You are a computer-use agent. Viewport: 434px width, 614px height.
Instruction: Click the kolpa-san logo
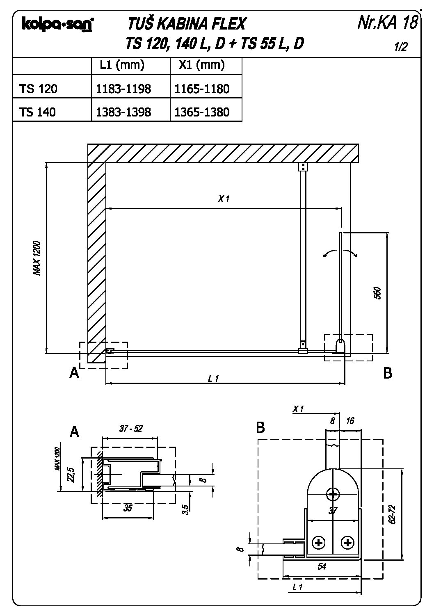tap(58, 24)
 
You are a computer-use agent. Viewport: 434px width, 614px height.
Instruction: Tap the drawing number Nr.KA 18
tap(388, 22)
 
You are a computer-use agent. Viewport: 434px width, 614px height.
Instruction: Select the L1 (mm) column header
tap(122, 65)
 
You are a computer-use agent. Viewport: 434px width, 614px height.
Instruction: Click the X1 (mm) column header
tap(202, 65)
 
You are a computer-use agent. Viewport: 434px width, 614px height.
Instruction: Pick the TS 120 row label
tap(38, 89)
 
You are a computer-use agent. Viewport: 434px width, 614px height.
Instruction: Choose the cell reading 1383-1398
tap(123, 112)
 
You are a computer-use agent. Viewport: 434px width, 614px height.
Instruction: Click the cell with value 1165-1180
tap(202, 89)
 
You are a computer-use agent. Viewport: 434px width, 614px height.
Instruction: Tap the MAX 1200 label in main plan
tap(37, 258)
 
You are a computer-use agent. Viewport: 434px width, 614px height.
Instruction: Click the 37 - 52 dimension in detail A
tap(131, 429)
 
